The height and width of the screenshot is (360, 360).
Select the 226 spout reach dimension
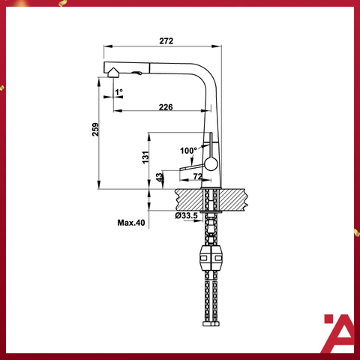[x=166, y=107]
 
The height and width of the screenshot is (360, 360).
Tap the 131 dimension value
[x=147, y=157]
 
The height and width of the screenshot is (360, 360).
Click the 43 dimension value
[x=158, y=178]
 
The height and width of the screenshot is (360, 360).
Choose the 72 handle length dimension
[x=198, y=175]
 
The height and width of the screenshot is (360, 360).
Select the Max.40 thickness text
[x=130, y=223]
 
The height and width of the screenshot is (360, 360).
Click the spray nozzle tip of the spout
[x=112, y=73]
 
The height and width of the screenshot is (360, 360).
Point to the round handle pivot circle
[x=210, y=163]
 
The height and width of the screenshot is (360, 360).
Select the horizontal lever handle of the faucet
[x=192, y=167]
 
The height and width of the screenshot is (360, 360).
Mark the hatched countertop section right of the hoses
[x=234, y=199]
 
